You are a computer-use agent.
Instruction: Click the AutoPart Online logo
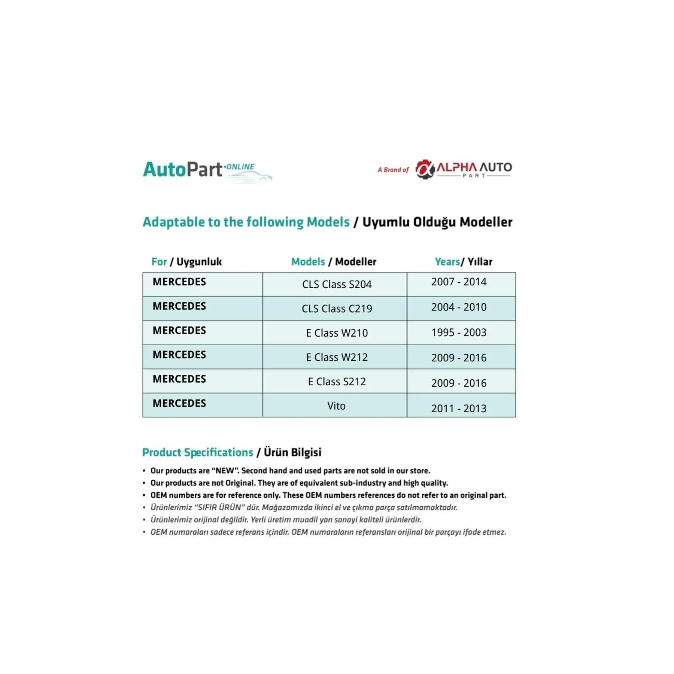207,170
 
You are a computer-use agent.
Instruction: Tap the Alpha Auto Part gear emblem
425,169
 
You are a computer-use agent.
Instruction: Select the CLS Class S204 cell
337,284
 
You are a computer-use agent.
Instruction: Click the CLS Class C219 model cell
337,309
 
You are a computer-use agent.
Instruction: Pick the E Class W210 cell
337,333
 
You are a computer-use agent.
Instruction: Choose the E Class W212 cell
337,357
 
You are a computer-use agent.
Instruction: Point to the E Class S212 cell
337,382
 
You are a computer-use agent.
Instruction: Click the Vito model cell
336,406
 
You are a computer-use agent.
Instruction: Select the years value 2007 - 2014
459,282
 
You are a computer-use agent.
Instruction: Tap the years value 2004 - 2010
459,307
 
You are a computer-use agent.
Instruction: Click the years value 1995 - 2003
459,333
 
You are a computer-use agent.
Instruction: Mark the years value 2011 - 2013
459,409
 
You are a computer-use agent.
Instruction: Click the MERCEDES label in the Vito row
179,403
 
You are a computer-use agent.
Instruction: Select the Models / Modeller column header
334,262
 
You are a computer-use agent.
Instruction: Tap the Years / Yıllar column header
463,262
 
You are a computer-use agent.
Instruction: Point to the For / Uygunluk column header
186,262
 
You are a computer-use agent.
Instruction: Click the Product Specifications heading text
198,452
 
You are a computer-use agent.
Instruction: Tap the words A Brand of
393,170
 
